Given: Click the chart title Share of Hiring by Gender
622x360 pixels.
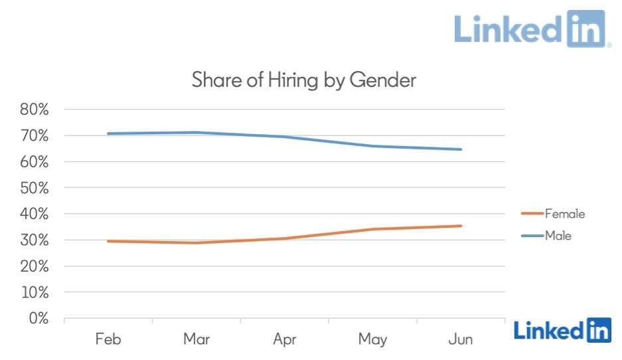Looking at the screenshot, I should pos(303,80).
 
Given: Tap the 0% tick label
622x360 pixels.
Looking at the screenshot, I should pos(39,318).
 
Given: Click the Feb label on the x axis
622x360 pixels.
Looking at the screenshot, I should pos(108,339).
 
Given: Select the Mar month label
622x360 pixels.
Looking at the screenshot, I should pos(196,339).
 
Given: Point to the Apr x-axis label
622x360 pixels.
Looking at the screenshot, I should pos(284,339).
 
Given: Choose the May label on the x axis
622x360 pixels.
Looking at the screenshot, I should pos(372,339).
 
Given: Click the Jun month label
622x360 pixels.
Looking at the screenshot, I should pos(461,339).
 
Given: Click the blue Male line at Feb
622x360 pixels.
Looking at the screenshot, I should pos(108,134).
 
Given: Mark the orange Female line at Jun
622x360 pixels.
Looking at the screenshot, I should pos(461,226).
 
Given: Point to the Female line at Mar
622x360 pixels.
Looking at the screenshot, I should pos(196,242).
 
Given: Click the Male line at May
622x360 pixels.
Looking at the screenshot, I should pos(372,146).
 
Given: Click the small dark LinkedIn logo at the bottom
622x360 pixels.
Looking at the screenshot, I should pos(562,329).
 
